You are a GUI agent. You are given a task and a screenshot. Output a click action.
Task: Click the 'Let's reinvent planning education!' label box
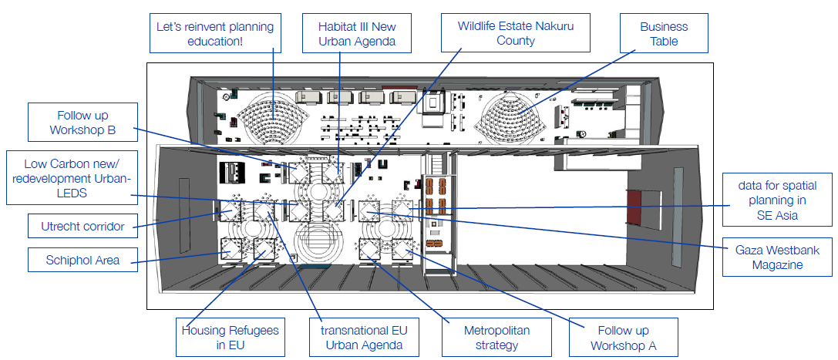214,34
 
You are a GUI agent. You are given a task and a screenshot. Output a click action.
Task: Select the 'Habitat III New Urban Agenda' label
357,34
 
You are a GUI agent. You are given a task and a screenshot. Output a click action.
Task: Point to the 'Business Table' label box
664,34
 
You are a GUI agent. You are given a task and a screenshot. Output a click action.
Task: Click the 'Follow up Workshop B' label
82,123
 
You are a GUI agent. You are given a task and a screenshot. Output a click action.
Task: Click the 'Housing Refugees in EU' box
231,338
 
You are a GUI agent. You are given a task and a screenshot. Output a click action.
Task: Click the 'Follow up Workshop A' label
623,338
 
